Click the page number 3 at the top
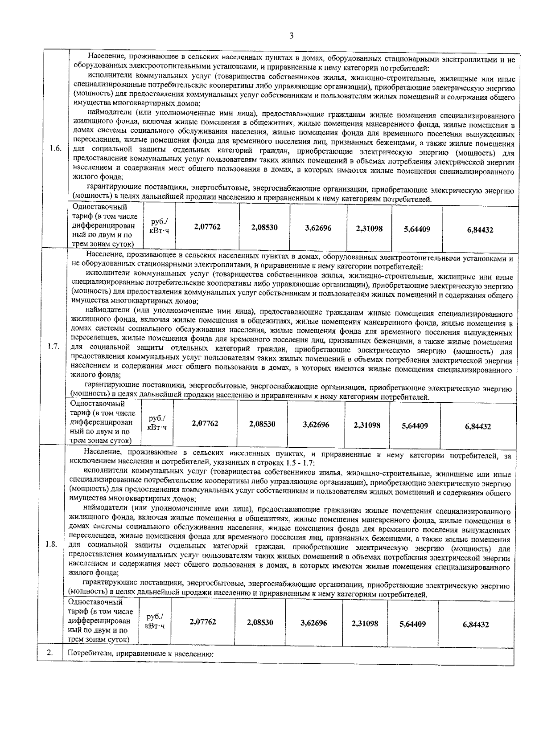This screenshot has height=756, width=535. (291, 36)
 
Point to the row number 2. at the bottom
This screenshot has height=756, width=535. (49, 653)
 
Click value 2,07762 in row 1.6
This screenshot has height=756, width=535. (207, 227)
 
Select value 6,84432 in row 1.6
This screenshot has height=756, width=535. (480, 230)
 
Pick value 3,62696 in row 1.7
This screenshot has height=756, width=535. (316, 425)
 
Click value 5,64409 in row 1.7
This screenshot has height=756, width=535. (415, 426)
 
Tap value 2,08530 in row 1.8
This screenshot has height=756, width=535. (260, 622)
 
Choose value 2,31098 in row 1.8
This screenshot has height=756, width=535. (365, 624)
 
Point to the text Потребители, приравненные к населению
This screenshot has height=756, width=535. (141, 654)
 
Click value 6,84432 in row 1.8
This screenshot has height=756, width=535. (475, 625)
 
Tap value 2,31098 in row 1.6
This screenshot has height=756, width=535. (369, 229)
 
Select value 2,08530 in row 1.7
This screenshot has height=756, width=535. (262, 424)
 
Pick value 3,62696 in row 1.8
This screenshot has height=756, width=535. (313, 623)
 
